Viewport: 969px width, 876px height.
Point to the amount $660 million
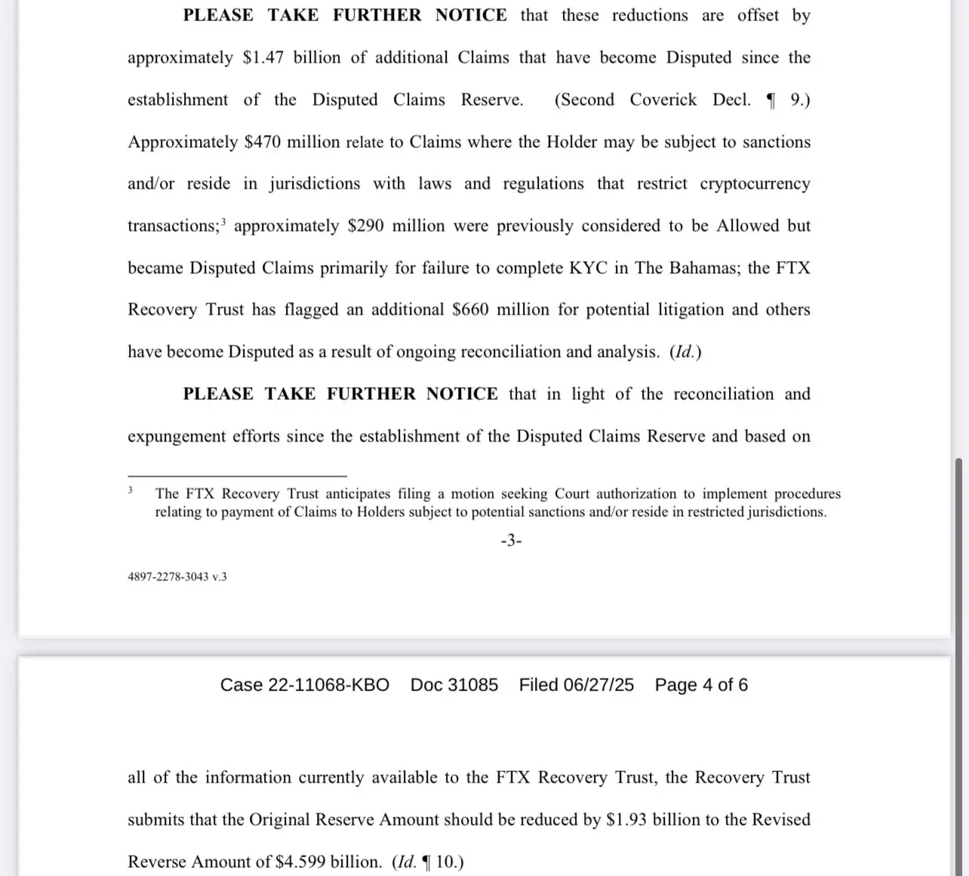(500, 310)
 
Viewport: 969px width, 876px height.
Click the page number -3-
(511, 540)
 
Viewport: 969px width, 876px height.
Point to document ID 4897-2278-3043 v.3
(177, 577)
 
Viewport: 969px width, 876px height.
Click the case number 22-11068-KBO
(328, 685)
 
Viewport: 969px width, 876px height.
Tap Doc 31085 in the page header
(454, 685)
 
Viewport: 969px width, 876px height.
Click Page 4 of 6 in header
(701, 685)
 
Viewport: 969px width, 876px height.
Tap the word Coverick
(663, 100)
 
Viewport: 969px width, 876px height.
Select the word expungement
(177, 437)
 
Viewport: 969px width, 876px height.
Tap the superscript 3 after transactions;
(223, 222)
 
